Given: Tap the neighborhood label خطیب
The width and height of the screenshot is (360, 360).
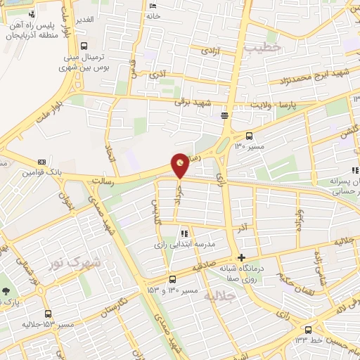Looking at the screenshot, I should [264, 46].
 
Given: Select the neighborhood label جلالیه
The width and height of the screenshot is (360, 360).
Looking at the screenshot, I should [218, 297].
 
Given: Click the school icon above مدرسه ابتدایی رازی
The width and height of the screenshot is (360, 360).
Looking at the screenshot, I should [184, 233].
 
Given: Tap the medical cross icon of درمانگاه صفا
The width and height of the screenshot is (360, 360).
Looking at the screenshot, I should [243, 257].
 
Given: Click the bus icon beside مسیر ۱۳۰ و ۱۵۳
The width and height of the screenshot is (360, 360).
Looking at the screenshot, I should [173, 279].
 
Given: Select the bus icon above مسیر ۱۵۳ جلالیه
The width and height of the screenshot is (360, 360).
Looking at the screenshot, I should [48, 314].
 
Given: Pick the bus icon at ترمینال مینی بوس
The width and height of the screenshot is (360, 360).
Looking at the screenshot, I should [84, 45].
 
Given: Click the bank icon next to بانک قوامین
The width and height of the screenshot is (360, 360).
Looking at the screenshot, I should [41, 161].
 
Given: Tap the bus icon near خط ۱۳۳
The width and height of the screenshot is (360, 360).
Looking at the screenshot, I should [308, 329].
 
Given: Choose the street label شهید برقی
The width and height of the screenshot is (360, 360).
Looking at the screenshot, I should [193, 102].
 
